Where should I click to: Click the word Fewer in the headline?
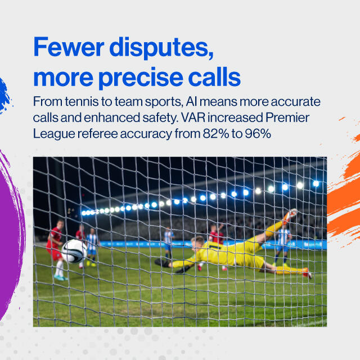(69, 47)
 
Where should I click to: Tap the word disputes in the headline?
(161, 48)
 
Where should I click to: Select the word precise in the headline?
(141, 78)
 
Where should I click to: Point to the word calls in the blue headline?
(214, 76)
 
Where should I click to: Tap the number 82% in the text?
(216, 134)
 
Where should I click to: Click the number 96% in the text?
(258, 134)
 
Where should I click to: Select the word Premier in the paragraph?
(287, 118)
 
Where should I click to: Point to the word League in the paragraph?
(54, 134)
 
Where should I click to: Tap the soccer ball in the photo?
(74, 251)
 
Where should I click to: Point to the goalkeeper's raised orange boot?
(290, 216)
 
